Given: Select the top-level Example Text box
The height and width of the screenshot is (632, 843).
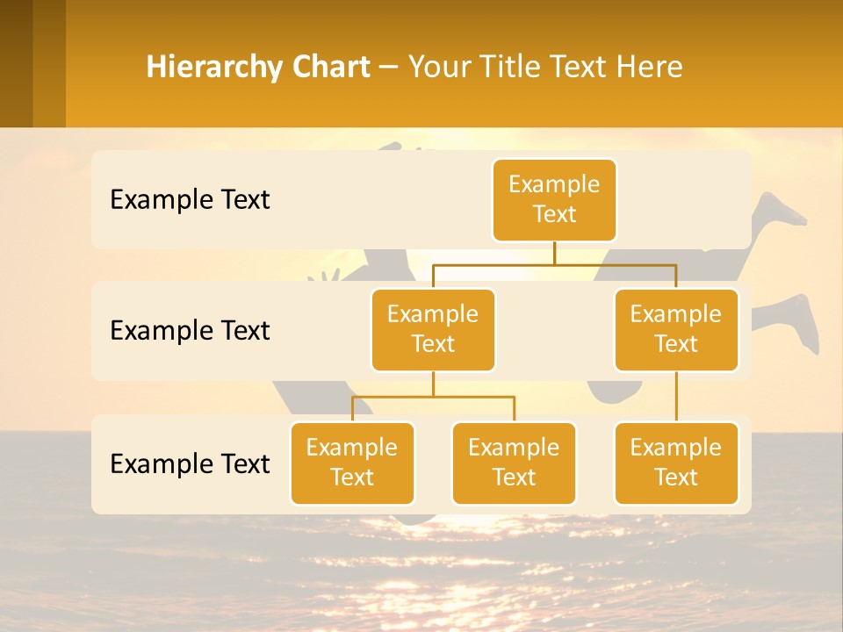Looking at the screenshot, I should click(554, 199).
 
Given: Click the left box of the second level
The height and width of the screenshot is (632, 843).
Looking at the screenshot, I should click(433, 329).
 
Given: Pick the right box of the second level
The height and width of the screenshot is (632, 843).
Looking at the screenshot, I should click(676, 329).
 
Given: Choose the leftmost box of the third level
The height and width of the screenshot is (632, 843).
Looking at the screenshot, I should click(352, 463).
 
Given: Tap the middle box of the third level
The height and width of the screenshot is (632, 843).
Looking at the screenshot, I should click(514, 463).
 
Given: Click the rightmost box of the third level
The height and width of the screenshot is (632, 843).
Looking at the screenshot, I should click(676, 463).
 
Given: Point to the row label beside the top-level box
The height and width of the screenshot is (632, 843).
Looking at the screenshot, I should click(190, 200).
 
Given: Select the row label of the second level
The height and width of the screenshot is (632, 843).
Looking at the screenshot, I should click(190, 331).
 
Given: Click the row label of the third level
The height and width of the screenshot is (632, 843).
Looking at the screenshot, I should click(190, 463).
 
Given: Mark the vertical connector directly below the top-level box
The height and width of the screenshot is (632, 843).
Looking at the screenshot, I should click(554, 253).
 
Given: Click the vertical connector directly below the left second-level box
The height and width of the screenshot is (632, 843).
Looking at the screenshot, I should click(433, 384).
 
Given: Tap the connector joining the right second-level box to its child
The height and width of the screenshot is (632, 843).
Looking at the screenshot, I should click(676, 397).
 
